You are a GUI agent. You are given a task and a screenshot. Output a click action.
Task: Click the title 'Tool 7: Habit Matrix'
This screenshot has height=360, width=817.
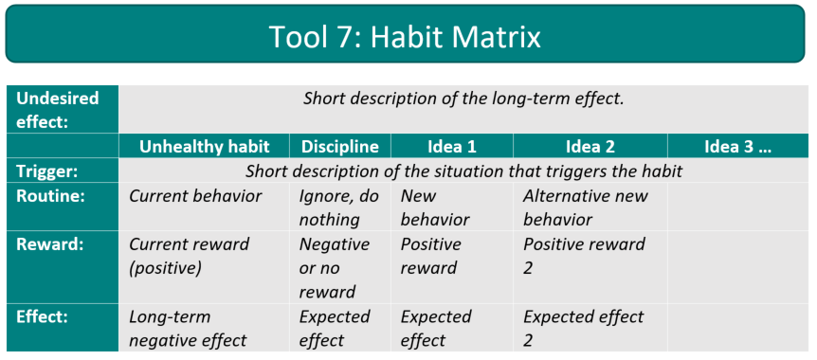click(x=405, y=36)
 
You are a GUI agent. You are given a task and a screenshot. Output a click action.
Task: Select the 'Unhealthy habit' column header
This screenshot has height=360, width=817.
click(x=204, y=147)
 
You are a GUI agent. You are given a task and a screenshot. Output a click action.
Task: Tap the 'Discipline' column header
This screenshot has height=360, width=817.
click(x=339, y=147)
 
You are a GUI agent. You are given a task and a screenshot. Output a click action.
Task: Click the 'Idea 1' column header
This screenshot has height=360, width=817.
click(x=451, y=147)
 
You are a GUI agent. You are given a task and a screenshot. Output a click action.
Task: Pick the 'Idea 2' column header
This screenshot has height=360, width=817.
click(x=590, y=147)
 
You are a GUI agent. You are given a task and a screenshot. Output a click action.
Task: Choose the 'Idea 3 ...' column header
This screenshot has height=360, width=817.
click(x=736, y=147)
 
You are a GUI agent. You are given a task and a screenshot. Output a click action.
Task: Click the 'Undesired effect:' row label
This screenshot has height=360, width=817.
click(x=58, y=110)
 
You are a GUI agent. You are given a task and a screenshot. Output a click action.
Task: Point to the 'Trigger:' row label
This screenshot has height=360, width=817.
click(x=48, y=171)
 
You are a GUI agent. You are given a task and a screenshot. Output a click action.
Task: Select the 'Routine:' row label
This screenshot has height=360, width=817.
click(x=51, y=196)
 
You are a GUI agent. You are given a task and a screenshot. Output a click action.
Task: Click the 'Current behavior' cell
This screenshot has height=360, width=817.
click(x=195, y=196)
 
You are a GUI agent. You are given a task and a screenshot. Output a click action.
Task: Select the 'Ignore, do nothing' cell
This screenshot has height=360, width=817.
click(x=338, y=207)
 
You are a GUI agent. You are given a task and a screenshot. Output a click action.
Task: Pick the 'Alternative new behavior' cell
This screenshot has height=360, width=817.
click(x=586, y=207)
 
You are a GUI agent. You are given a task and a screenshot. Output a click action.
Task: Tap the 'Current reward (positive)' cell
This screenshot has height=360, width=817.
click(x=190, y=256)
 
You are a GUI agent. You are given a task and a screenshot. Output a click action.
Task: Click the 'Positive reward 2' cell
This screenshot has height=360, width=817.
click(x=584, y=256)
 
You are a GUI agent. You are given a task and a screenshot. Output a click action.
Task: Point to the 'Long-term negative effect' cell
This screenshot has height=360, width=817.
click(x=188, y=329)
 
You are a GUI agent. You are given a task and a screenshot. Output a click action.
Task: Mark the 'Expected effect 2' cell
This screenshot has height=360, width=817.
click(x=583, y=329)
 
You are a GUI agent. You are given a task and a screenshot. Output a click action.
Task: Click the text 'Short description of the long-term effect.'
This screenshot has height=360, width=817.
click(x=463, y=99)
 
